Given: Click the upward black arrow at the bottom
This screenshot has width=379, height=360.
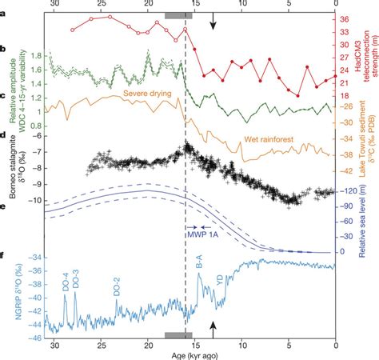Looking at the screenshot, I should click(213, 328).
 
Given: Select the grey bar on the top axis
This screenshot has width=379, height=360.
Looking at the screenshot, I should click(178, 15).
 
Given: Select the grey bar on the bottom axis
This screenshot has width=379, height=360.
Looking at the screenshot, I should click(178, 336).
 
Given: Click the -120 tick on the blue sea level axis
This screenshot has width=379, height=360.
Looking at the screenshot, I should click(348, 192).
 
